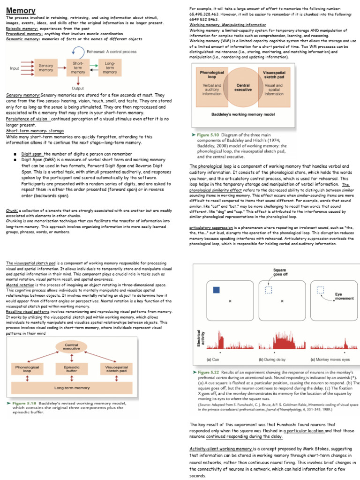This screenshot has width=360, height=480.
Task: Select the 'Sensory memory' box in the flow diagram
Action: pyautogui.click(x=46, y=68)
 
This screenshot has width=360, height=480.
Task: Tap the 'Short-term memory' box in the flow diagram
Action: pyautogui.click(x=78, y=68)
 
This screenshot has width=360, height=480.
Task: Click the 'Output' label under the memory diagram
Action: pyautogui.click(x=78, y=88)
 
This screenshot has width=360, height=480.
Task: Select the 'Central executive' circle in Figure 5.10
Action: pyautogui.click(x=243, y=87)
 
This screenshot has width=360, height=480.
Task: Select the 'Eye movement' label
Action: pyautogui.click(x=342, y=296)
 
